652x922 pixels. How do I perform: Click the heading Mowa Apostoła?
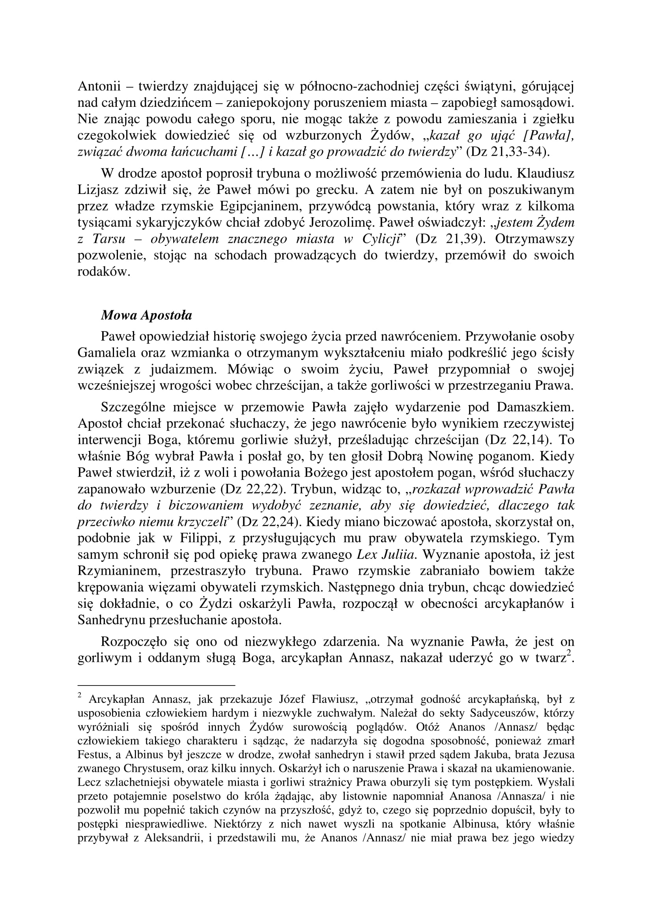pyautogui.click(x=146, y=315)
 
